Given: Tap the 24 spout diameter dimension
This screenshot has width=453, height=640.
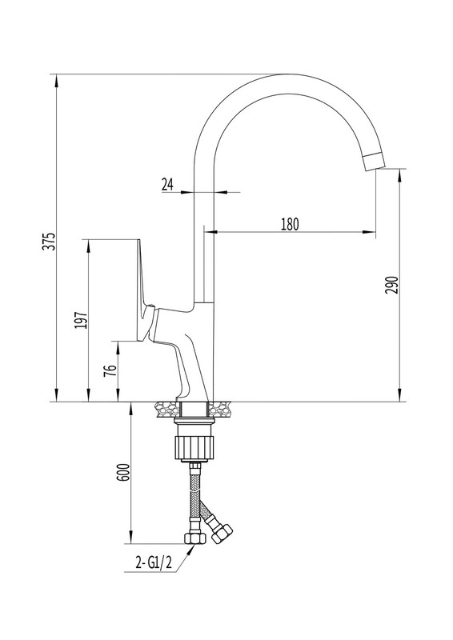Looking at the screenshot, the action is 167,185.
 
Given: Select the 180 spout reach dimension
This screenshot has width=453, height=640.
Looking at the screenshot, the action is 290,224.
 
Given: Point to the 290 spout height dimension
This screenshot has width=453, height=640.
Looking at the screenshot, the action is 391,285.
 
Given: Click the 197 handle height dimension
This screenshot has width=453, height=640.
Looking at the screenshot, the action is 81,321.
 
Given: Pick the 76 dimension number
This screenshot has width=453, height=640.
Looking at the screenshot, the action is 110,370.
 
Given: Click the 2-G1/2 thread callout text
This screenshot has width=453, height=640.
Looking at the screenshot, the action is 154,563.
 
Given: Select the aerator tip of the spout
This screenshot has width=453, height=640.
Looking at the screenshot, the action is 374,162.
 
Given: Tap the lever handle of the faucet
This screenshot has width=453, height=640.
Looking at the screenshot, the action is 144,290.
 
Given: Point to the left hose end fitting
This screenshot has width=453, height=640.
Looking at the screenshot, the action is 194,538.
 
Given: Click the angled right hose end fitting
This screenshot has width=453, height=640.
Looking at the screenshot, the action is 222,532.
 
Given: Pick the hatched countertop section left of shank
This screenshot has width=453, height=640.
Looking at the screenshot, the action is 167,409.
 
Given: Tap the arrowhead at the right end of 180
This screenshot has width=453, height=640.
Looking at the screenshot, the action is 369,232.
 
